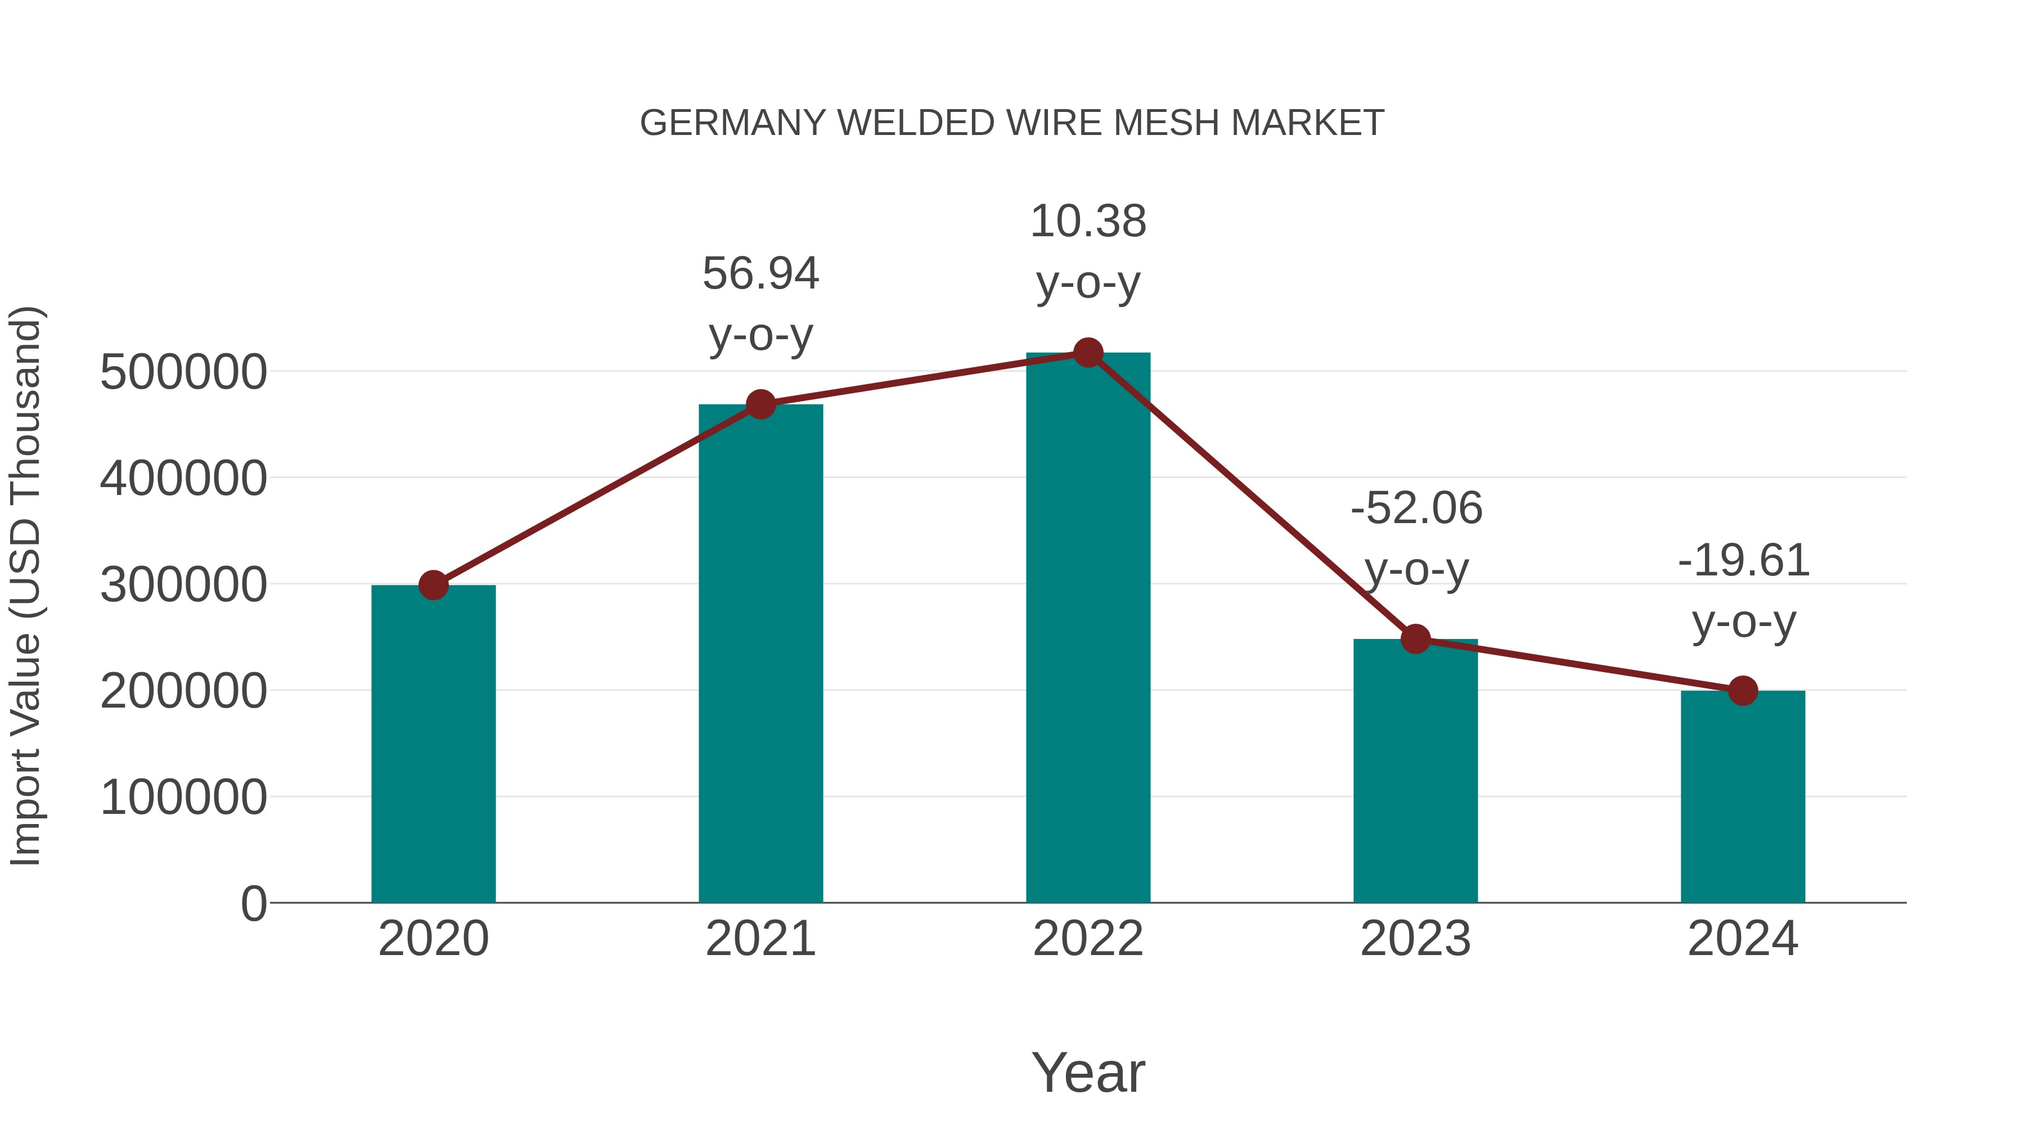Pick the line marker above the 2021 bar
(x=761, y=405)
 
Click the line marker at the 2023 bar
(x=1415, y=639)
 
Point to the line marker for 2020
(x=433, y=585)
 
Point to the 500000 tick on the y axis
(x=183, y=372)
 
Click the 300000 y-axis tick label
(x=183, y=585)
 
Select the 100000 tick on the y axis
(x=183, y=797)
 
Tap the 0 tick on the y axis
(x=253, y=903)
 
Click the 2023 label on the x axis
(x=1415, y=939)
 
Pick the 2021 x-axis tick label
(x=761, y=939)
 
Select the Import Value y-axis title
(x=25, y=586)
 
